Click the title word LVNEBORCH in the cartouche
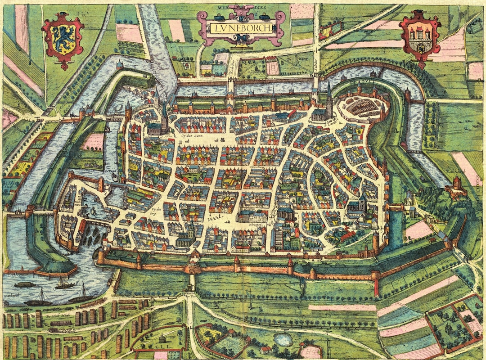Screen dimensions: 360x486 pos(241,28)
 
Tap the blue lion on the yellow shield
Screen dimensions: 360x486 pos(63,40)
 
